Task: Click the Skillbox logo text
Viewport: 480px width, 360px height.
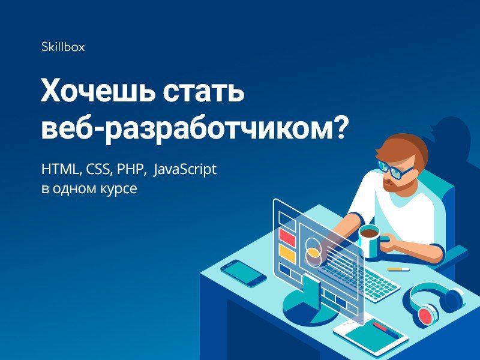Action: click(63, 47)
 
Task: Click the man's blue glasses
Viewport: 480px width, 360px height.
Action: click(394, 169)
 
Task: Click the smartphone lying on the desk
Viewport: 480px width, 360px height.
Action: click(244, 273)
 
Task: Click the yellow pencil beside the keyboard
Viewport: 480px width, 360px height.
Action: click(398, 269)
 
